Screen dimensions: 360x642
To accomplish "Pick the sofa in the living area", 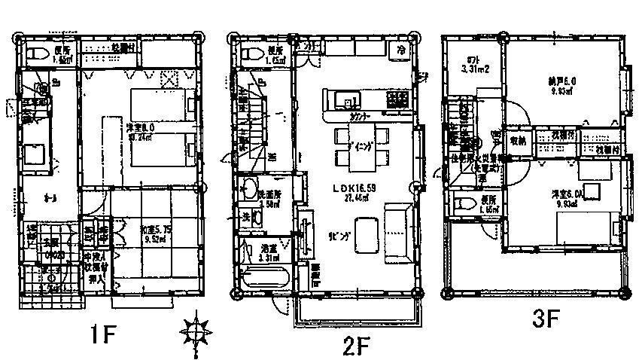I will pyautogui.click(x=397, y=233).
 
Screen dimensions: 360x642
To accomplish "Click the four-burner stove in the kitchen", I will pyautogui.click(x=397, y=99).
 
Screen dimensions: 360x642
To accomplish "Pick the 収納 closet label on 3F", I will pyautogui.click(x=517, y=140).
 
